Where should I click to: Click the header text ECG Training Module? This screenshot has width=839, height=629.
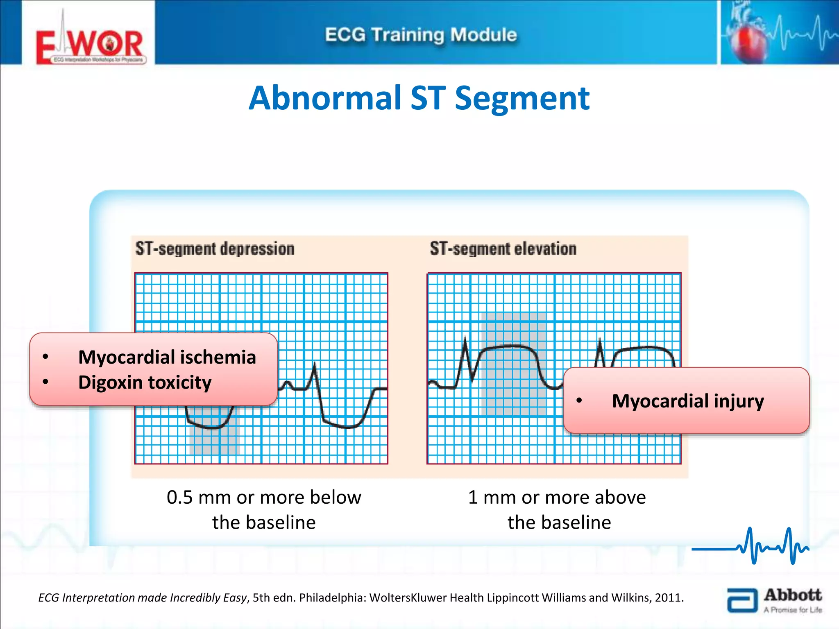421,35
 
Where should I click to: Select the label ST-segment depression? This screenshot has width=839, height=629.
215,249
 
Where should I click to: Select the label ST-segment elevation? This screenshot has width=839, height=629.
503,249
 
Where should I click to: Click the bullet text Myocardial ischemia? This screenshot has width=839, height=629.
167,357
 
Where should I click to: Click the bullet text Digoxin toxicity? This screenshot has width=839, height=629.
145,382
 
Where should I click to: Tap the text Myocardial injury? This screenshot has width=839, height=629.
687,401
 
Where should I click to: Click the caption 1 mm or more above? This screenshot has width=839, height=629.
557,498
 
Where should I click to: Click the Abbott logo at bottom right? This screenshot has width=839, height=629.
774,600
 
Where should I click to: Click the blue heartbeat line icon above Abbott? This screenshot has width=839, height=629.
750,547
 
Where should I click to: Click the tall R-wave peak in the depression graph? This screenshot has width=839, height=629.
315,364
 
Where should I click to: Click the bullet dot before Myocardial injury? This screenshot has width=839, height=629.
579,400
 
